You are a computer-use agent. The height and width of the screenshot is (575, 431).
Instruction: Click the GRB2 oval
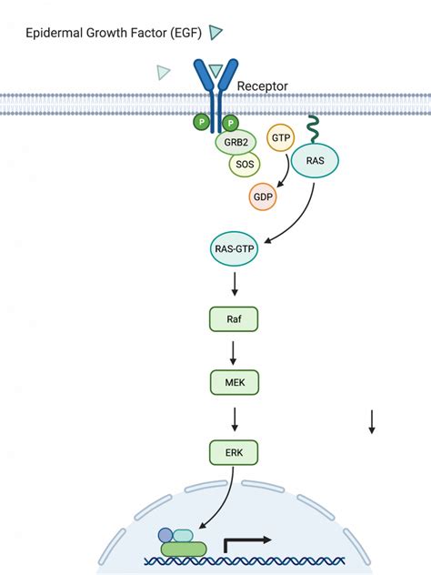coord(236,142)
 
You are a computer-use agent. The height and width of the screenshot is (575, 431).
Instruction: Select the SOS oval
coord(245,164)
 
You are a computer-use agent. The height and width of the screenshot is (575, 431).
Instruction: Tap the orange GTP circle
coord(281,138)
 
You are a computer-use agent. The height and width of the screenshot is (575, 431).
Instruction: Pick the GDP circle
coord(263,197)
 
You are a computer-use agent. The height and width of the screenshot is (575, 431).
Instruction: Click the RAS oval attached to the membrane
coord(315,161)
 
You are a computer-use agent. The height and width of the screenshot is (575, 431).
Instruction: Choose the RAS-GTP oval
coord(235,248)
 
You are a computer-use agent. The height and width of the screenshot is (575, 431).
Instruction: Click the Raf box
coord(234,319)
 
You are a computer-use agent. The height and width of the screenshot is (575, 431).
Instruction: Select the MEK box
coord(235,382)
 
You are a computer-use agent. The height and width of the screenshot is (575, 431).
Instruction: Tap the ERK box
coord(234,452)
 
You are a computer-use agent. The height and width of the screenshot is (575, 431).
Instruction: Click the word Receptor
coord(263,86)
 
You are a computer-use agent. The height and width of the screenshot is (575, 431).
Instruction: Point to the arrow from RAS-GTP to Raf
coord(235,284)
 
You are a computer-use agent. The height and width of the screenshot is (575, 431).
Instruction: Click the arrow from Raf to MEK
coord(233,353)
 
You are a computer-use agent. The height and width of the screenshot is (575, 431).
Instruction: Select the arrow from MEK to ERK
coord(235,419)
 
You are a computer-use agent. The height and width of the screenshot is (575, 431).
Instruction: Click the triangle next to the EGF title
coord(215,32)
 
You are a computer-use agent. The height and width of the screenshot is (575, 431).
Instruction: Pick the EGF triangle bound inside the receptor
coord(215,70)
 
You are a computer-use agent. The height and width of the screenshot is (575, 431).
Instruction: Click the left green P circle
coord(201,121)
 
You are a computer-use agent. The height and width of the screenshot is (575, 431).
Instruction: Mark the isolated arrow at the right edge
coord(372,422)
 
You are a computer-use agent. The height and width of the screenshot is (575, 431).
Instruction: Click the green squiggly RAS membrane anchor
coord(314,129)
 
